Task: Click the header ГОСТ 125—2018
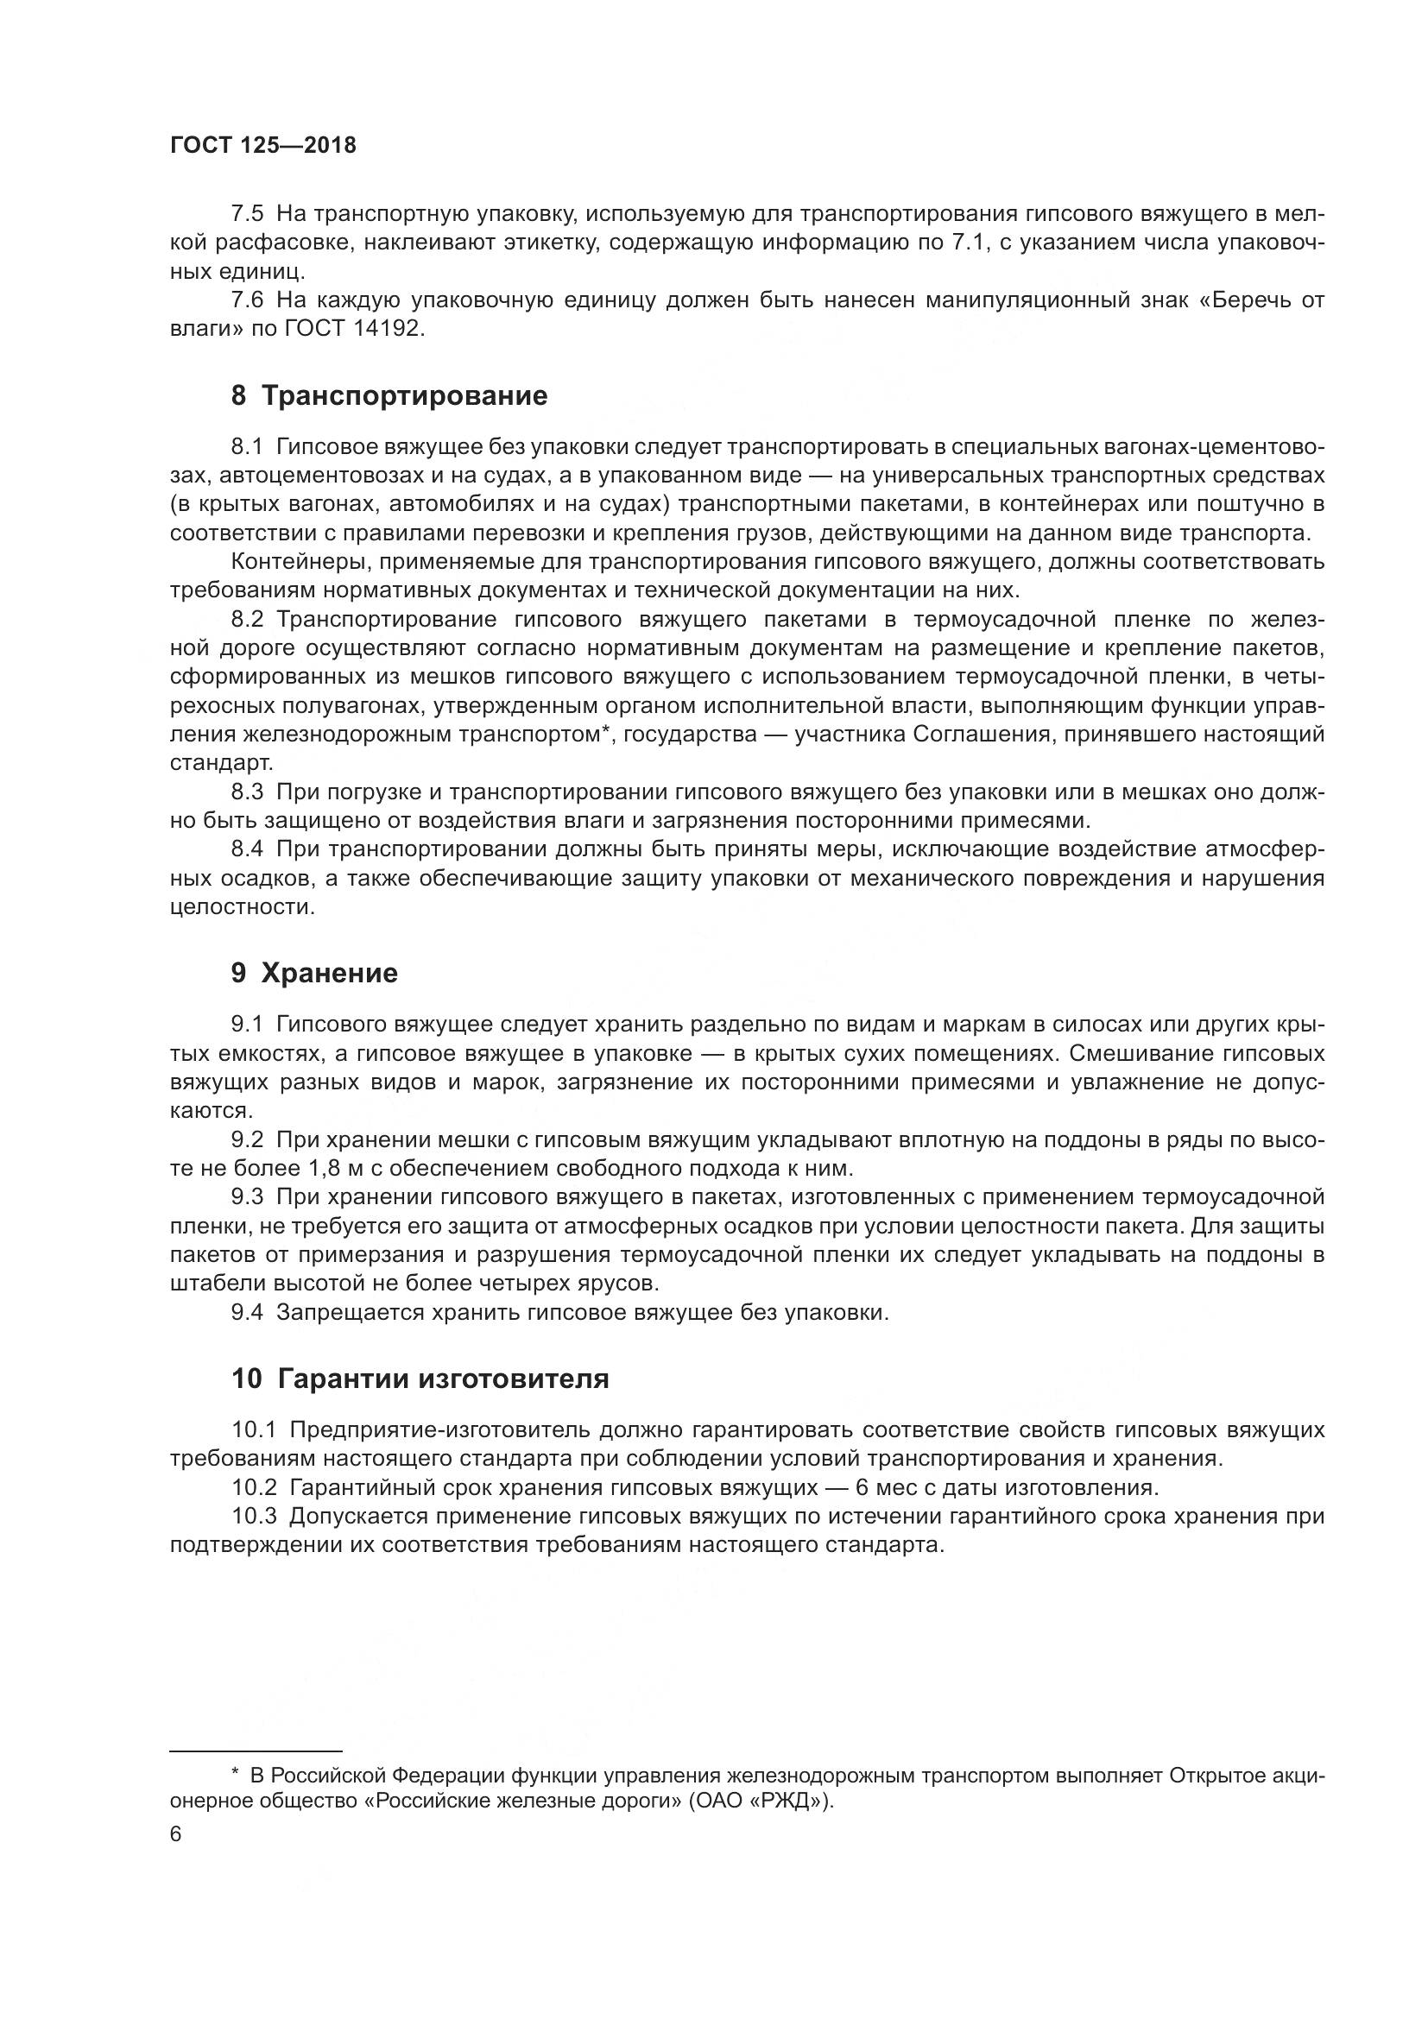(263, 146)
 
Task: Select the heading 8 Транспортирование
(389, 395)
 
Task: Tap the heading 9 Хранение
(314, 973)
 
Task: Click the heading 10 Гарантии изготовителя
(420, 1379)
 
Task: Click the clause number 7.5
(246, 214)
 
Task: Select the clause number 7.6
(246, 300)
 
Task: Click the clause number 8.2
(246, 620)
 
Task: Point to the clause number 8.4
(246, 849)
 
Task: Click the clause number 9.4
(246, 1313)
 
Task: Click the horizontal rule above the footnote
(255, 1751)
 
